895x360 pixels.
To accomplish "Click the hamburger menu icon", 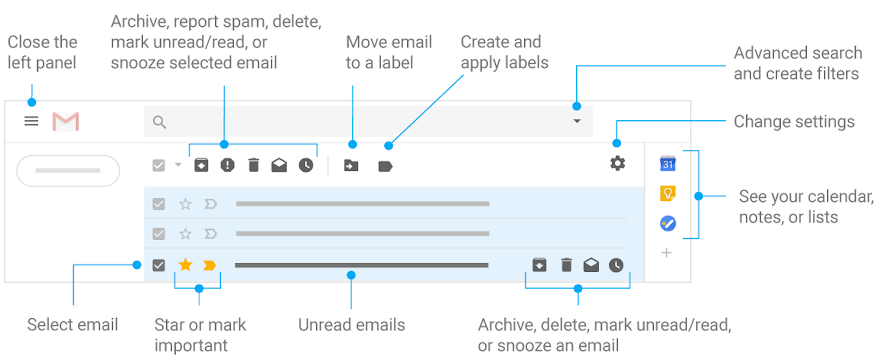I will [x=31, y=121].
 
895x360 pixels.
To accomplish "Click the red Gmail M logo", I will [x=66, y=121].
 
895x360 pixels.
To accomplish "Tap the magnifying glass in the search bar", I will [x=159, y=122].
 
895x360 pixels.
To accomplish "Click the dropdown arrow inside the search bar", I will [x=576, y=122].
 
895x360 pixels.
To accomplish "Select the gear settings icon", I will [x=617, y=163].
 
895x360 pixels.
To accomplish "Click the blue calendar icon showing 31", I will [x=667, y=164].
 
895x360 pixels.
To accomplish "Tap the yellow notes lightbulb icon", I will [x=667, y=194].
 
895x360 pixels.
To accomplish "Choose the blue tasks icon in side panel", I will [x=667, y=224].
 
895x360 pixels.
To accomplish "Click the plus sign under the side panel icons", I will [x=667, y=253].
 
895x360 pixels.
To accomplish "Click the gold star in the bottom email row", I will [x=185, y=265].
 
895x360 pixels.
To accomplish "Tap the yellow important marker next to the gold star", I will [x=210, y=265].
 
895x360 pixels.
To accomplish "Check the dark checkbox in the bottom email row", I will [x=158, y=265].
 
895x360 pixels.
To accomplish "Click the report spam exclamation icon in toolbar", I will [x=227, y=165].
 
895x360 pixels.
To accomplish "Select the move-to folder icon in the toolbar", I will [x=351, y=166].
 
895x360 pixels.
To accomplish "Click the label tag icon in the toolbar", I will [x=385, y=166].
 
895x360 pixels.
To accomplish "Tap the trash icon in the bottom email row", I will [x=566, y=265].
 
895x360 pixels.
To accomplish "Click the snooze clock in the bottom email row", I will [x=616, y=265].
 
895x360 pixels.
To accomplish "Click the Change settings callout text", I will [x=794, y=121].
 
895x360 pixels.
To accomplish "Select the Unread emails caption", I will [x=351, y=325].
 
